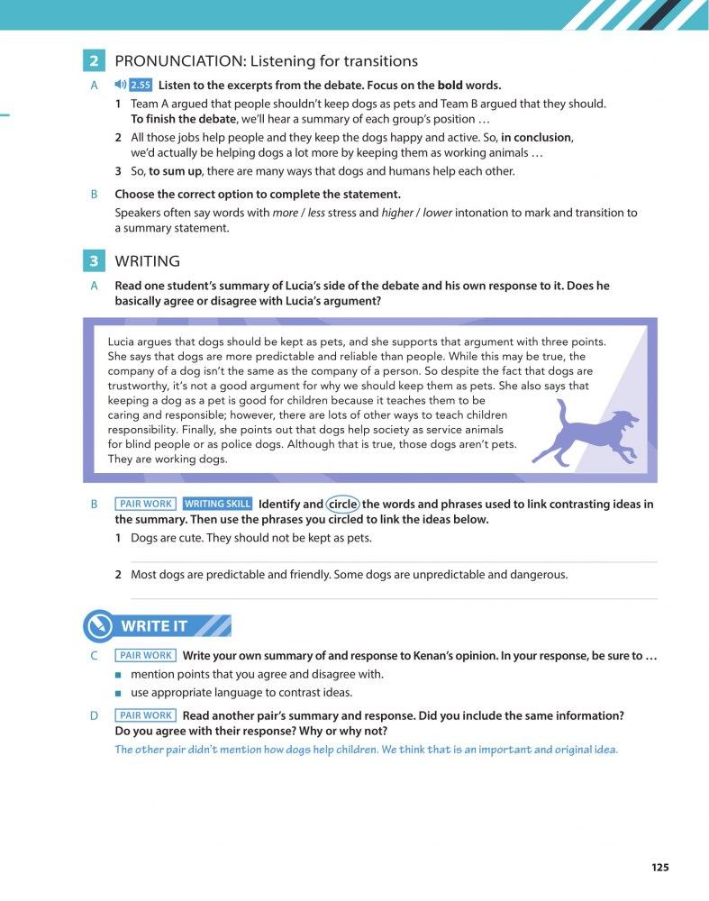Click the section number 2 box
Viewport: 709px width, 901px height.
point(94,61)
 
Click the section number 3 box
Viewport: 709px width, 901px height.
point(94,261)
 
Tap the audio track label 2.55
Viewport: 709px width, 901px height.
point(140,86)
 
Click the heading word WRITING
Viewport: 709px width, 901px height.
point(148,261)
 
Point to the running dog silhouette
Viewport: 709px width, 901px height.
point(585,432)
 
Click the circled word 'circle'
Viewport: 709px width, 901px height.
point(342,505)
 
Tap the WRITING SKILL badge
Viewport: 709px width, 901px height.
point(217,505)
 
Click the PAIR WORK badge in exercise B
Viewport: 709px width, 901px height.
point(145,505)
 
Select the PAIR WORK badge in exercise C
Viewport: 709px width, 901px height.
point(145,656)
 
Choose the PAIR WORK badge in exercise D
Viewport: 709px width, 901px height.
point(145,715)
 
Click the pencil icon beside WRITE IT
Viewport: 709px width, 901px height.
point(97,626)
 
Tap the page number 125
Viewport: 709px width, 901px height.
point(659,868)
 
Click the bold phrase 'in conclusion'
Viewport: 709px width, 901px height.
point(536,138)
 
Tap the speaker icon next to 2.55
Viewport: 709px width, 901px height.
point(121,86)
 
